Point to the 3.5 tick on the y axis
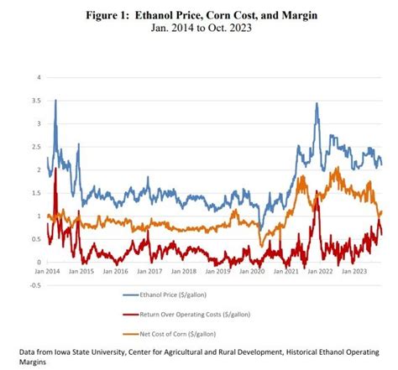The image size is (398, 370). [x=36, y=101]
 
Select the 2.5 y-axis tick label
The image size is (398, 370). [x=36, y=147]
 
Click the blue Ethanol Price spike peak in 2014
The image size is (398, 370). [x=55, y=100]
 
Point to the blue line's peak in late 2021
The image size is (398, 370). [x=317, y=104]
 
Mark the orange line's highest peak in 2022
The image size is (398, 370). [x=337, y=169]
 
